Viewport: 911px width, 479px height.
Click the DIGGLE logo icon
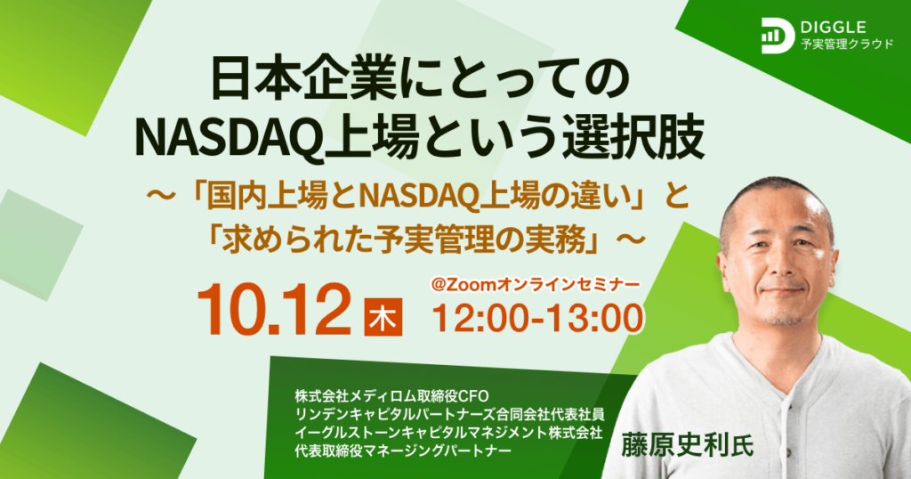(778, 36)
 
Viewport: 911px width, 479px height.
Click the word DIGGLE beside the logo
(834, 27)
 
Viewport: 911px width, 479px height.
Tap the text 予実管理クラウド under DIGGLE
(847, 45)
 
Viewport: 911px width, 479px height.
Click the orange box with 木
(383, 317)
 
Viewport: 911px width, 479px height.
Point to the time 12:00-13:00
(538, 319)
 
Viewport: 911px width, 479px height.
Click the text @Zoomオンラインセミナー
(535, 284)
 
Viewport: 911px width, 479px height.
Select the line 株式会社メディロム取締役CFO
(392, 396)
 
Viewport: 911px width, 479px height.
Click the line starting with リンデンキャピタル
(449, 415)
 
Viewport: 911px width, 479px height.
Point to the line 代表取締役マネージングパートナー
(403, 451)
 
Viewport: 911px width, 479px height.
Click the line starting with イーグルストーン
(448, 433)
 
